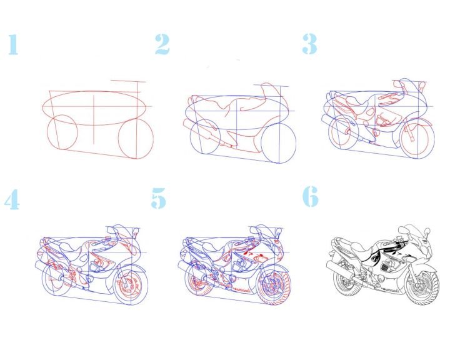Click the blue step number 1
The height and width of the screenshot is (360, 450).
(13, 44)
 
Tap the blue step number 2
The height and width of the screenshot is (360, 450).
(162, 44)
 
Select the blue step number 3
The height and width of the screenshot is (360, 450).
(309, 44)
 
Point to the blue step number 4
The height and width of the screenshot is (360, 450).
(12, 199)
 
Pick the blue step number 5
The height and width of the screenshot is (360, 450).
(158, 198)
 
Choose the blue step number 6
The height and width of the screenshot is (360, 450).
(311, 196)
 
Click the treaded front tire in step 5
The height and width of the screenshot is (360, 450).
(274, 287)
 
